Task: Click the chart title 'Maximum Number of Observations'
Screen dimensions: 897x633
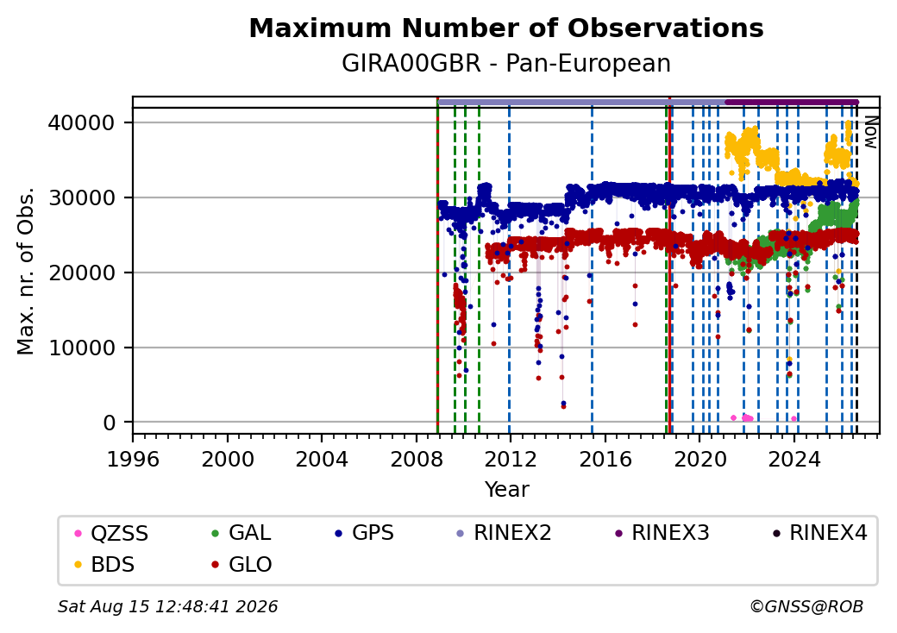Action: pos(506,28)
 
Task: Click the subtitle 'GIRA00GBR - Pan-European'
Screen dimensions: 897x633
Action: pos(506,64)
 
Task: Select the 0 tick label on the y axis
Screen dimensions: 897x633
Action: pos(110,423)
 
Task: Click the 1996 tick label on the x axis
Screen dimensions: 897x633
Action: pos(133,459)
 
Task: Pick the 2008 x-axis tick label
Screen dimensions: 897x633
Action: pos(416,459)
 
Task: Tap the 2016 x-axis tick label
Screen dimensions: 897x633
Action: pos(605,459)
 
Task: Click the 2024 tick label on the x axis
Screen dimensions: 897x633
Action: pos(794,459)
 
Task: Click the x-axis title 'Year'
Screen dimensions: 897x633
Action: pos(507,490)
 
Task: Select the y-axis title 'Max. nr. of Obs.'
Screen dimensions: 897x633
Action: pos(26,271)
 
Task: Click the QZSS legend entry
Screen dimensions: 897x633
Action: pos(111,533)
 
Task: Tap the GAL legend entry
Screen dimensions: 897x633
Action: pos(241,533)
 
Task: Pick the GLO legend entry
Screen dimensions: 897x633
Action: pos(241,564)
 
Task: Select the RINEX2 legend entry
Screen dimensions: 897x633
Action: pos(504,533)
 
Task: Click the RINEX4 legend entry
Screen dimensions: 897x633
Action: pos(819,533)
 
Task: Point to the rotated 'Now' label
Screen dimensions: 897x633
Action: pos(870,132)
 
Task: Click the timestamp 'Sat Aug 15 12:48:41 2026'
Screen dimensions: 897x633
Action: pos(168,606)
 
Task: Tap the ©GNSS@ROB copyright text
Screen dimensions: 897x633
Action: pos(806,606)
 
